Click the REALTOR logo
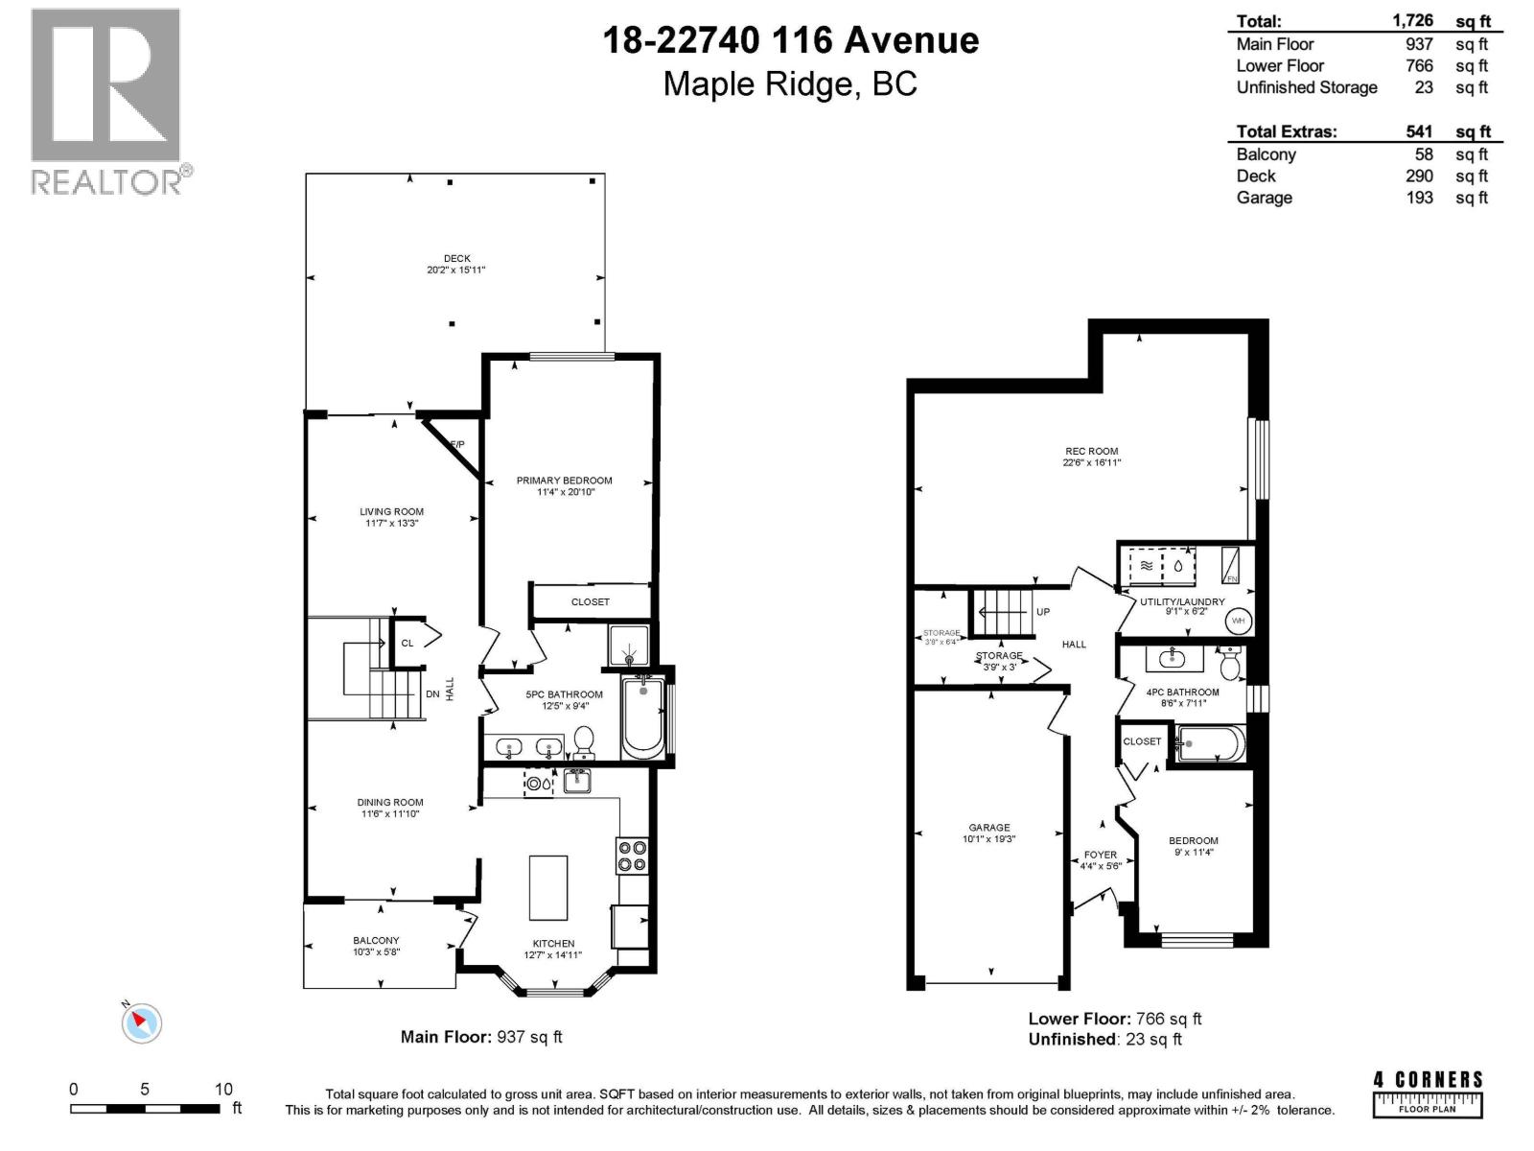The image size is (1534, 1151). [x=105, y=101]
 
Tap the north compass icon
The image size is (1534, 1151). [x=142, y=1022]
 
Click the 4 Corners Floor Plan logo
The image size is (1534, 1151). [x=1428, y=1093]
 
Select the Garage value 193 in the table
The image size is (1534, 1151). [x=1419, y=198]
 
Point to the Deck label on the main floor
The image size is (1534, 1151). [x=456, y=259]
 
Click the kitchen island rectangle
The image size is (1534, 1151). [x=547, y=887]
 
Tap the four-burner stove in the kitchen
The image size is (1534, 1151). [x=632, y=856]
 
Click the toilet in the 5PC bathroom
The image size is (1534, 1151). [x=583, y=741]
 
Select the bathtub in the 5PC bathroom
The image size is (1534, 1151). [x=642, y=717]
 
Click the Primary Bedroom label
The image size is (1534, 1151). [x=564, y=481]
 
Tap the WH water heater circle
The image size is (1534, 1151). [x=1238, y=621]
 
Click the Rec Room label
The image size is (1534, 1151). [x=1091, y=451]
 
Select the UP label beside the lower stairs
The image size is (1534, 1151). [x=1043, y=612]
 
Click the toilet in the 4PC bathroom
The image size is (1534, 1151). [x=1229, y=662]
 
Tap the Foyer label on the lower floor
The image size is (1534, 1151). [x=1100, y=855]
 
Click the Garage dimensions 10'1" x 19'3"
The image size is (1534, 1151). [x=988, y=839]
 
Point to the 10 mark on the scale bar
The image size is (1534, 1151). [x=223, y=1089]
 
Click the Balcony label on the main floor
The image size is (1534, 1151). [x=376, y=941]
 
